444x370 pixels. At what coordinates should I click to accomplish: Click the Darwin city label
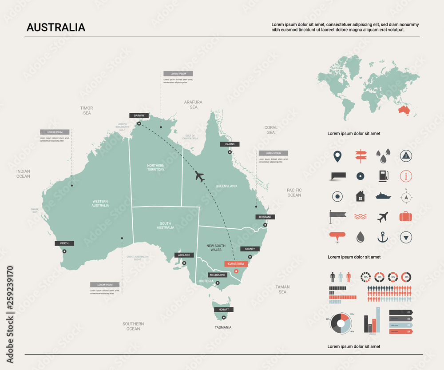tap(139, 115)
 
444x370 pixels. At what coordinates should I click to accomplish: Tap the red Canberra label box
tap(236, 264)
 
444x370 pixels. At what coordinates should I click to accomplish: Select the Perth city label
tap(64, 243)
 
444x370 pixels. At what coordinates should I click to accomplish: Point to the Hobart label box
tap(223, 310)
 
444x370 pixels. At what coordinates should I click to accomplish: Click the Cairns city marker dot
tap(230, 152)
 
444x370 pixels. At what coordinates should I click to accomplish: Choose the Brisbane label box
tap(265, 217)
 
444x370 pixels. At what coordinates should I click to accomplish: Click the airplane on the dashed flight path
tap(200, 176)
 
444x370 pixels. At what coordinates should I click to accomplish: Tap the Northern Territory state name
tap(156, 167)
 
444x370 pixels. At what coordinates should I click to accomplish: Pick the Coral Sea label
tap(271, 130)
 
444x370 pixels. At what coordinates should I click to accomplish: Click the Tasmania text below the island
tap(223, 327)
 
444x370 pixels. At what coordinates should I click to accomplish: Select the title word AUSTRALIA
tap(56, 28)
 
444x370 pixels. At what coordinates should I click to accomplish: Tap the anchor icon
tap(382, 237)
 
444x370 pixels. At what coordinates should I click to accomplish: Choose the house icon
tap(360, 196)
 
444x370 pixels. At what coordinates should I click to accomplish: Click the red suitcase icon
tap(406, 216)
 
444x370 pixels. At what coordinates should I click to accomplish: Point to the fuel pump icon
tap(383, 176)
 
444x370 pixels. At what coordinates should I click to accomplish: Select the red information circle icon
tap(406, 176)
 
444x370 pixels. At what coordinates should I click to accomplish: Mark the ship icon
tap(383, 195)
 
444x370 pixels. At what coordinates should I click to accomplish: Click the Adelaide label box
tap(184, 255)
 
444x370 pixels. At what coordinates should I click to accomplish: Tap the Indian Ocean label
tap(23, 174)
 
